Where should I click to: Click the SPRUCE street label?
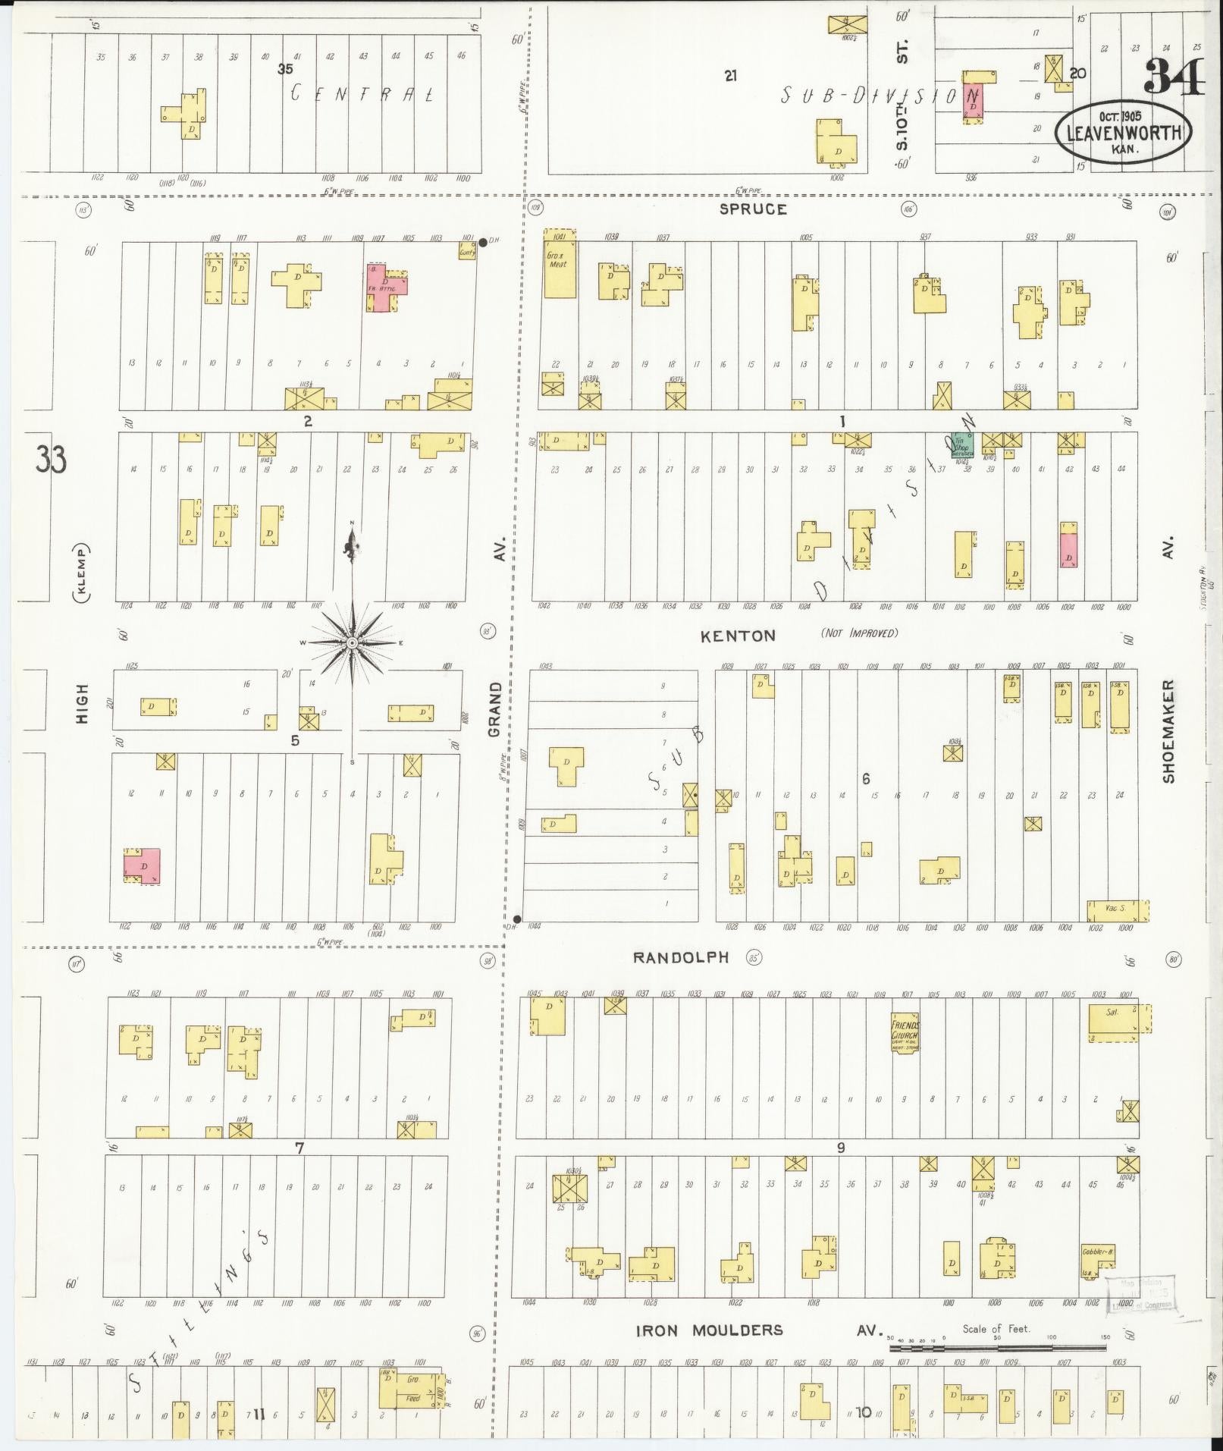coord(754,209)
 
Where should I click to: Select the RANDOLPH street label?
coord(681,957)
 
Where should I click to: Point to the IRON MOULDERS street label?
coord(709,1330)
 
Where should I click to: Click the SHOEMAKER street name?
coord(1168,730)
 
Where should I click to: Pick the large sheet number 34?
coord(1173,77)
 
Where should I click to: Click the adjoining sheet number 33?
coord(51,460)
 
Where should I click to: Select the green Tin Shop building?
coord(962,445)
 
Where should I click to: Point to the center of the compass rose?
coord(352,644)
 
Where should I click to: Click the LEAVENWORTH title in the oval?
coord(1124,132)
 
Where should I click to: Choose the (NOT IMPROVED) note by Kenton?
coord(859,633)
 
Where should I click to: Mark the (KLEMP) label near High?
coord(80,573)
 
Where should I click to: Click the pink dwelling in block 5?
coord(143,865)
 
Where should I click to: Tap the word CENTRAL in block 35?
coord(363,95)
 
